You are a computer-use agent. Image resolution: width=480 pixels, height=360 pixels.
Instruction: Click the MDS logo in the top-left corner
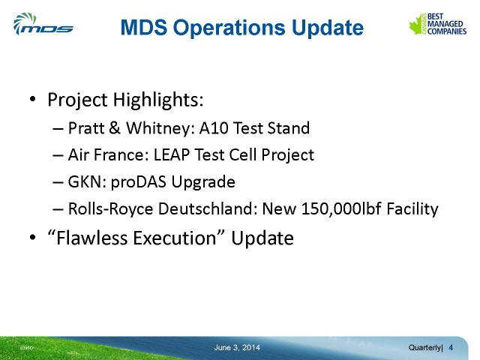coord(43,24)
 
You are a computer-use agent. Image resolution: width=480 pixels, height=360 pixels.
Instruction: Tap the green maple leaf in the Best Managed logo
coord(416,25)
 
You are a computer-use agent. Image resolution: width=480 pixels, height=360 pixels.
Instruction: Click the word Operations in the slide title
coord(229,28)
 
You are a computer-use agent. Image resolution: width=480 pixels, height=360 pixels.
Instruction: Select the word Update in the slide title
coord(328,28)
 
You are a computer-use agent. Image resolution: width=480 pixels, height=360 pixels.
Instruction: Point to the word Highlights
coord(158,100)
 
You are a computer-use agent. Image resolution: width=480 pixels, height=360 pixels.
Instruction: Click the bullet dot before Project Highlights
coord(33,99)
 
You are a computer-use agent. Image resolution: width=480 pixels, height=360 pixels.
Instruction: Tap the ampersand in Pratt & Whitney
coord(114,127)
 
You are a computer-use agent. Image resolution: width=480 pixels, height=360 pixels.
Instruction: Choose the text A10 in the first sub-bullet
coord(214,127)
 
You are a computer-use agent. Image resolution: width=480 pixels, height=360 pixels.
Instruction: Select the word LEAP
coord(172,154)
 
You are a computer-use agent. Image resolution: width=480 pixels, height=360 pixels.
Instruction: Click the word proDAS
coord(139,182)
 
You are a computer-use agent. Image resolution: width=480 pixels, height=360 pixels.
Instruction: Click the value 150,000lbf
coord(341,209)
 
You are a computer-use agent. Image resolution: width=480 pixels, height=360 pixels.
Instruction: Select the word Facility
coord(412,209)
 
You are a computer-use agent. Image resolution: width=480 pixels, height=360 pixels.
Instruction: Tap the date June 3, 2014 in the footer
coord(237,348)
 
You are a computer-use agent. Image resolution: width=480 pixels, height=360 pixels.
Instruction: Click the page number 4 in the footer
coord(451,348)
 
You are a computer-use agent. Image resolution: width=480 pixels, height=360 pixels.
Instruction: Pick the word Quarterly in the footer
coord(425,348)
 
